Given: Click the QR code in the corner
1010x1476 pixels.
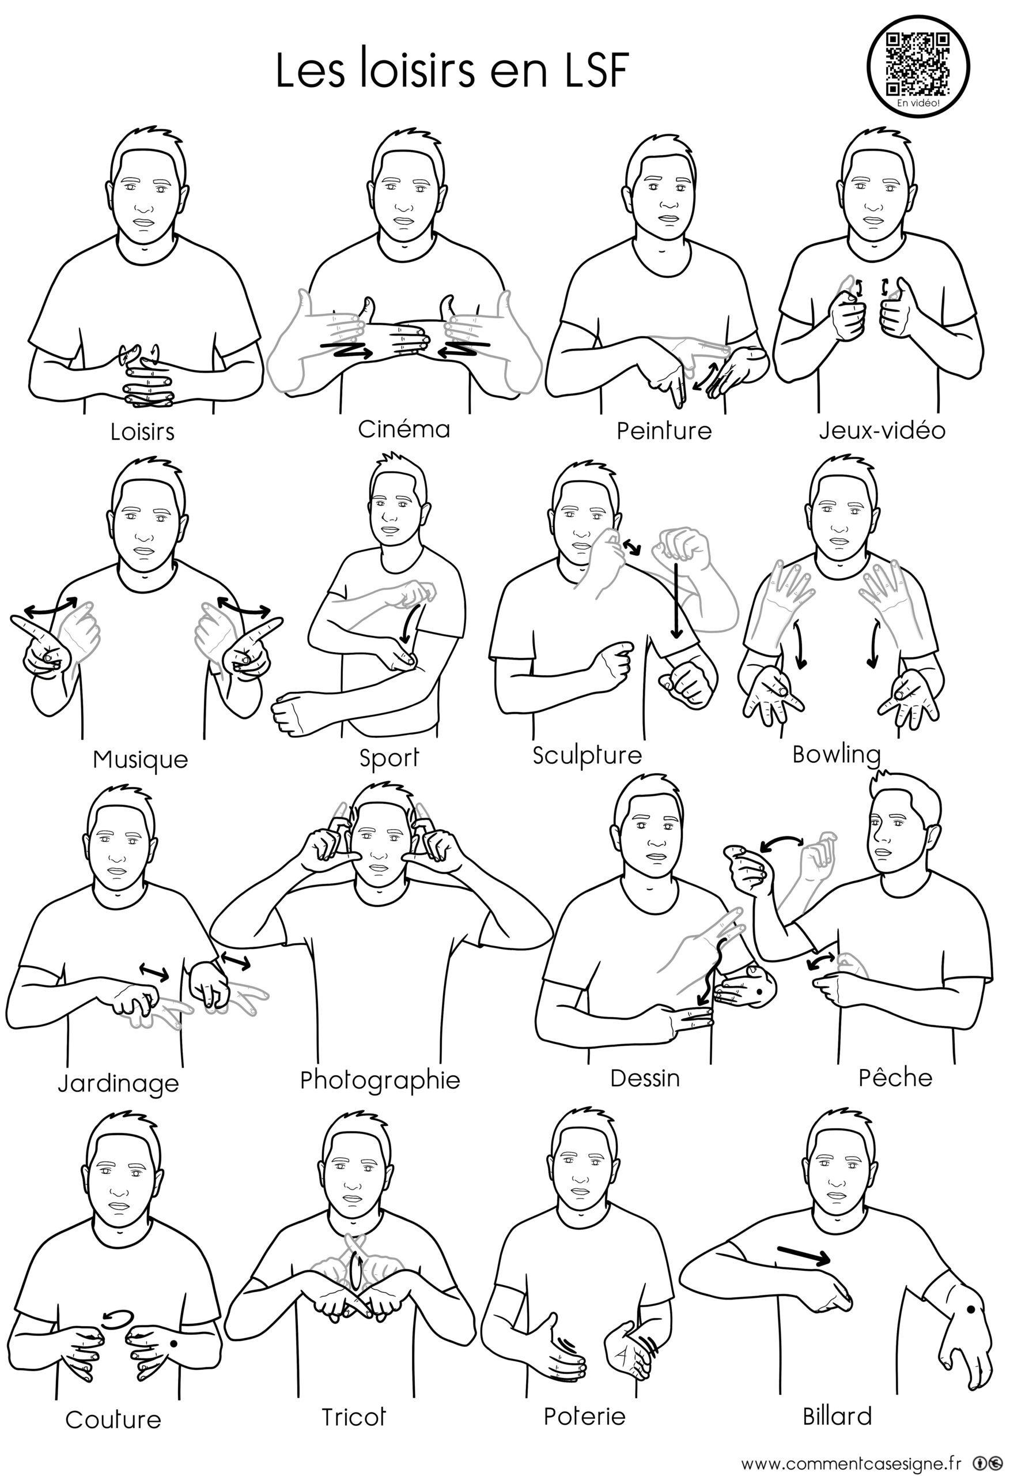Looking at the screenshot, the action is pos(918,63).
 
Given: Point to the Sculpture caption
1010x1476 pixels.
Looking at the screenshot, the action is pos(587,755).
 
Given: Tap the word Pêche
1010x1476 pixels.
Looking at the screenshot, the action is pos(895,1077).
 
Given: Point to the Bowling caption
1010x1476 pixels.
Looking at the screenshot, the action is pos(836,755).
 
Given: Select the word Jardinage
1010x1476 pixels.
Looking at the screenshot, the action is pos(118,1083).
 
